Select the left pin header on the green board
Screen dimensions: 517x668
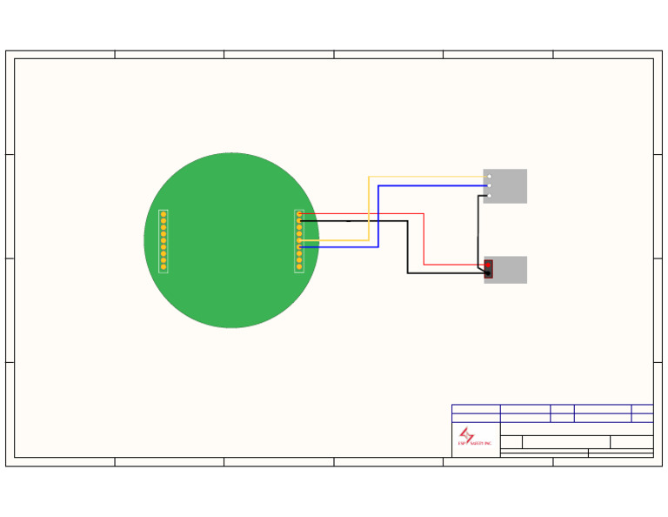(x=164, y=241)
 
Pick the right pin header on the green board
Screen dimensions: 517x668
(x=299, y=241)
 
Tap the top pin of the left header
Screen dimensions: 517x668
(x=164, y=214)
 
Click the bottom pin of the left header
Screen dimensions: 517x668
(x=164, y=267)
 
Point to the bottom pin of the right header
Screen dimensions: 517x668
(x=299, y=267)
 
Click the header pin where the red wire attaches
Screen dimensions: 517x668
(x=299, y=214)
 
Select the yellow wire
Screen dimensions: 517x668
(x=369, y=209)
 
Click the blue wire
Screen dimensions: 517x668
(x=378, y=218)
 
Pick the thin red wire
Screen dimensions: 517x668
(x=424, y=239)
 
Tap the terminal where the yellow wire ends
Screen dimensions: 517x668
(x=489, y=177)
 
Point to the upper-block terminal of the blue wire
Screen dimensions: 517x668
(x=489, y=185)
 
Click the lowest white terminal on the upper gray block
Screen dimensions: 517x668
(x=489, y=195)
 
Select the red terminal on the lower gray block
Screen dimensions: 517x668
(x=488, y=265)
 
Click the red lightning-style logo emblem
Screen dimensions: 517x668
(x=467, y=434)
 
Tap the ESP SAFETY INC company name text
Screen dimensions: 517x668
(x=475, y=444)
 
